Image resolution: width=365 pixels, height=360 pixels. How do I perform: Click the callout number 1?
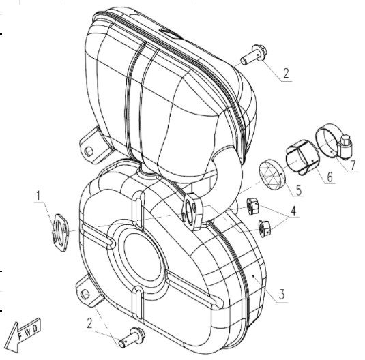[x=38, y=196]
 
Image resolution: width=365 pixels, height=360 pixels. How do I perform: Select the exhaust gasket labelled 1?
[x=60, y=232]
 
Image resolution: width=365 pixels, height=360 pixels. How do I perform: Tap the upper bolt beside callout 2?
[x=254, y=55]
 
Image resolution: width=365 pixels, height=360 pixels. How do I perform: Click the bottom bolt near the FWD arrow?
[x=132, y=337]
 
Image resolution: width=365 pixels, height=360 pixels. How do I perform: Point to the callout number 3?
[x=282, y=294]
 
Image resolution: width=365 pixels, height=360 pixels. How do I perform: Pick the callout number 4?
[x=293, y=211]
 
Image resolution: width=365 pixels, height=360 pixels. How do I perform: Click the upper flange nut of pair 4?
[x=252, y=206]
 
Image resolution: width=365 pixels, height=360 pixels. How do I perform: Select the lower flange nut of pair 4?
[x=265, y=228]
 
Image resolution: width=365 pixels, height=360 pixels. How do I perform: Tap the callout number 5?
[x=299, y=190]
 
